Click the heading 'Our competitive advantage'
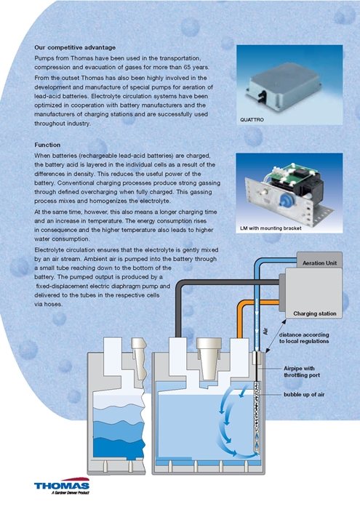pos(75,47)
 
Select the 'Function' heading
pos(47,145)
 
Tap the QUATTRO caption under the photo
pos(252,120)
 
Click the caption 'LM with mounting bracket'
pos(271,228)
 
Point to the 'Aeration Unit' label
pos(319,263)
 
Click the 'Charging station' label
pos(315,313)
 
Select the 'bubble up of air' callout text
pos(304,395)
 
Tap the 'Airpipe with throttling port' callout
pos(302,372)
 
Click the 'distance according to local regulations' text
pos(304,338)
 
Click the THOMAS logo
pos(62,486)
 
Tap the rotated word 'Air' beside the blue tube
pos(265,332)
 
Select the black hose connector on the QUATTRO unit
pos(262,95)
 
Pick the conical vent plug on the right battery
pos(209,358)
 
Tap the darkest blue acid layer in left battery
pos(119,447)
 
